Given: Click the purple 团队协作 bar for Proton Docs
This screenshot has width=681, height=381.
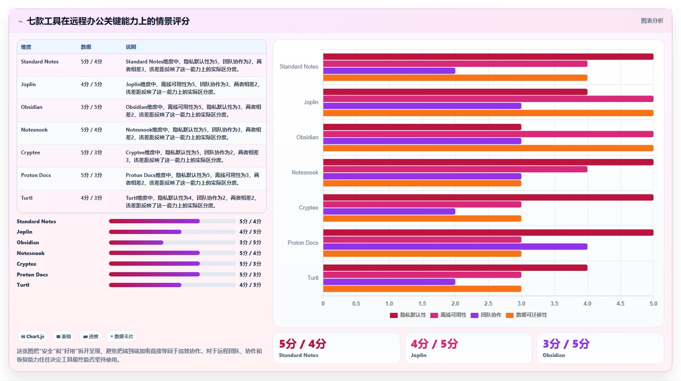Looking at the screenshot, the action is point(455,246).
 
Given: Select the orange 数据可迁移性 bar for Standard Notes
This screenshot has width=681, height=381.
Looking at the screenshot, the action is point(455,78).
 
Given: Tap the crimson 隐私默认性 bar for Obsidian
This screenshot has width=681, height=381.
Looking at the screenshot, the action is point(422,127).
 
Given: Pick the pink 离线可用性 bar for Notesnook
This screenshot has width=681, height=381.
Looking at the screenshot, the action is point(455,169).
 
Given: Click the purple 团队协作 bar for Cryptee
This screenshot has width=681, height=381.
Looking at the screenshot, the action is point(389,211).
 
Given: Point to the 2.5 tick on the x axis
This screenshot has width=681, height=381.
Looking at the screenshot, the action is point(488,303).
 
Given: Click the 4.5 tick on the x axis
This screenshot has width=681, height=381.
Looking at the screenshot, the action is point(621,303).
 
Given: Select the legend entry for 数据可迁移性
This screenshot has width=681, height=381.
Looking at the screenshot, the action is point(527,315).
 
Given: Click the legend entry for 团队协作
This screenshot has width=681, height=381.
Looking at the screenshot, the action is point(486,315).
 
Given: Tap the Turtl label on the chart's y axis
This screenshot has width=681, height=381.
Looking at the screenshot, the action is point(313,278).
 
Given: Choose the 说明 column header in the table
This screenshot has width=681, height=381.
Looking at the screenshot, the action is point(131,47).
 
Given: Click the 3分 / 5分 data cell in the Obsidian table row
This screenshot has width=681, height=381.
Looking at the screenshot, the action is point(91,107).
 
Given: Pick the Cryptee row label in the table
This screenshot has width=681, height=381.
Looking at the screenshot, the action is point(30,153).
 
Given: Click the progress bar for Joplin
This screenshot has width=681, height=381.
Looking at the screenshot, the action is point(172,232).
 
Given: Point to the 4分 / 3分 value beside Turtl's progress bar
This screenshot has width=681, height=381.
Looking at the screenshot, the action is point(250,285).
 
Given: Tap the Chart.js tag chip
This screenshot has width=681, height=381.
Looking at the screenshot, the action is point(33,336).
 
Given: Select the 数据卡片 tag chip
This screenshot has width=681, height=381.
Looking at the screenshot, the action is point(122,336).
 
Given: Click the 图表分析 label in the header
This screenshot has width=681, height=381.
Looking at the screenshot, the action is point(652,21).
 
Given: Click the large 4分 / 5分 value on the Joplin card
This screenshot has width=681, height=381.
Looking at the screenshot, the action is point(434,344).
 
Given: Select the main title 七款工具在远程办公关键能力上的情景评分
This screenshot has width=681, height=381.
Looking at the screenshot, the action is point(108,21).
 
